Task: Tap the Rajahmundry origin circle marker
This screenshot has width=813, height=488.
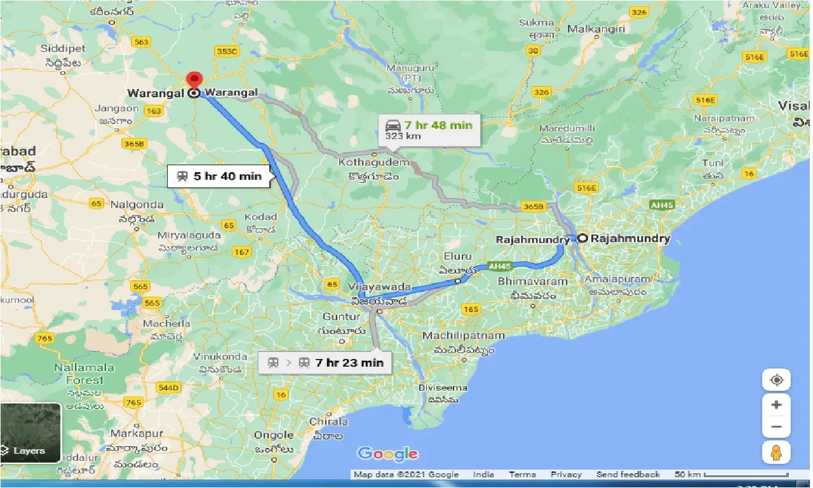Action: point(582,239)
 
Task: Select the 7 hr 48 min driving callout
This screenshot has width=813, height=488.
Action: point(429,129)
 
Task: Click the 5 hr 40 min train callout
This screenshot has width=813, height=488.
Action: point(219,176)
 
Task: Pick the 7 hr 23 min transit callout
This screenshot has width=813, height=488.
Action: point(325,363)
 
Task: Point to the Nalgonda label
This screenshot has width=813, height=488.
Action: point(137,205)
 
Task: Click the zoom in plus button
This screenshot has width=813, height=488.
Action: point(776,405)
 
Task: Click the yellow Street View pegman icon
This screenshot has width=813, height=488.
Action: point(776,453)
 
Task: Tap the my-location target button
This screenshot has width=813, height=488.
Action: point(776,380)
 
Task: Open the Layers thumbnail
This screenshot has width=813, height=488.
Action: point(30,432)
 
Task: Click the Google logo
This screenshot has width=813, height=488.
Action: point(387,454)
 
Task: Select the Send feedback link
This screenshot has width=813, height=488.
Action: point(628,475)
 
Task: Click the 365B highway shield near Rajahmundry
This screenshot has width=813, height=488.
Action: point(534,207)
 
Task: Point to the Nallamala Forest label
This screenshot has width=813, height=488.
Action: point(84,374)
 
